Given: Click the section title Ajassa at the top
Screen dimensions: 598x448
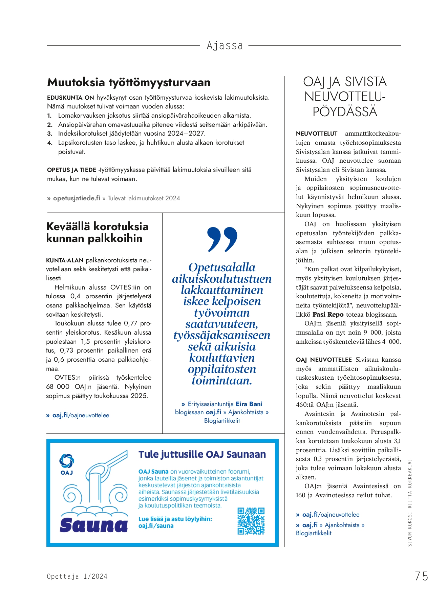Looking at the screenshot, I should pyautogui.click(x=225, y=46).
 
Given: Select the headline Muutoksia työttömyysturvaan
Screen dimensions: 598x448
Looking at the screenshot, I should pyautogui.click(x=129, y=82).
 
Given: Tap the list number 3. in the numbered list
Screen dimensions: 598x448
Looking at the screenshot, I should pyautogui.click(x=50, y=134).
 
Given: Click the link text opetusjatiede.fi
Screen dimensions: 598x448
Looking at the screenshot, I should pyautogui.click(x=77, y=198).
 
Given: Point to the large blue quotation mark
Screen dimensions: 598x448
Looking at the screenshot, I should pyautogui.click(x=222, y=239).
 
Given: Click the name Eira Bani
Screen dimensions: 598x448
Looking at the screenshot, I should pyautogui.click(x=249, y=404).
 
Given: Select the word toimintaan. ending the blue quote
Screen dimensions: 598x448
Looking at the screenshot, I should pyautogui.click(x=222, y=381).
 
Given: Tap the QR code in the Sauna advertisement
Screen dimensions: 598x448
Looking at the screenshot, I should pyautogui.click(x=251, y=521).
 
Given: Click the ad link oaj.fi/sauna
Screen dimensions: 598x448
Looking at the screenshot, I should pyautogui.click(x=156, y=526).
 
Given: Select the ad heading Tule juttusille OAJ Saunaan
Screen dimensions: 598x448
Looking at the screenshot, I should pyautogui.click(x=202, y=454).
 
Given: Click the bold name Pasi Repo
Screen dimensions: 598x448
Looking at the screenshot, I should pyautogui.click(x=328, y=314).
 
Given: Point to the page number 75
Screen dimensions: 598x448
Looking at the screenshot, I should pyautogui.click(x=421, y=576).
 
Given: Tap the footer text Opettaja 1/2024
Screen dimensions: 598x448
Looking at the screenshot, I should pyautogui.click(x=77, y=576).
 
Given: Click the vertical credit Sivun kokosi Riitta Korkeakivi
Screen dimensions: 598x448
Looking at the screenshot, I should pyautogui.click(x=410, y=503).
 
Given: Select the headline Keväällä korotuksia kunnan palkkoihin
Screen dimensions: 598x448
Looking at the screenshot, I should pyautogui.click(x=97, y=232).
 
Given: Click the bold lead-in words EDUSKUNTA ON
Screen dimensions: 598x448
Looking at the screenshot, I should pyautogui.click(x=70, y=98).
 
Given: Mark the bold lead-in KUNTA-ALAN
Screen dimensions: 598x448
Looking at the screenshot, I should pyautogui.click(x=65, y=260).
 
